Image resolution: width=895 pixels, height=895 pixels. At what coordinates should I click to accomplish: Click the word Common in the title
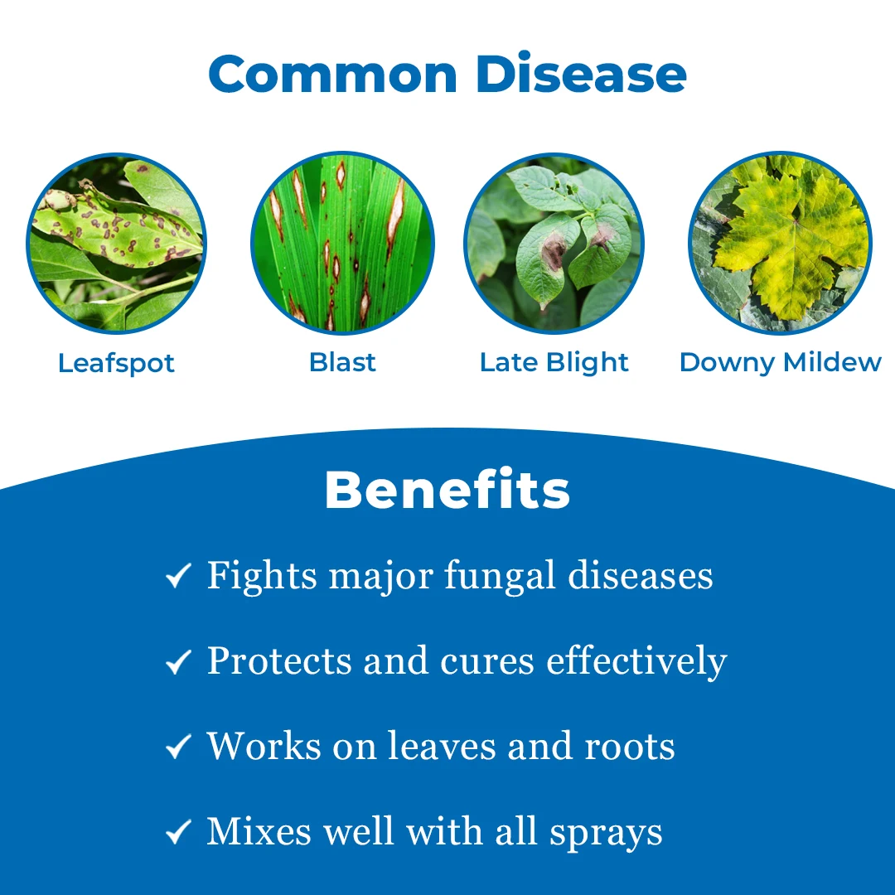coord(333,74)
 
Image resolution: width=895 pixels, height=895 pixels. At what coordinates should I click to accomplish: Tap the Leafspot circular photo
coord(117,243)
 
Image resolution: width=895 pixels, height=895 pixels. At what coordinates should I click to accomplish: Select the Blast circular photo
coord(342,243)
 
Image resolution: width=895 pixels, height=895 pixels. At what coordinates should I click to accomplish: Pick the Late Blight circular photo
coord(554,243)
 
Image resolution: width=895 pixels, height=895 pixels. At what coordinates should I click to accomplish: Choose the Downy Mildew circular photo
coord(781,243)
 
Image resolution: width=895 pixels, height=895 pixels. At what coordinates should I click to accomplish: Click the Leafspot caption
coord(116,364)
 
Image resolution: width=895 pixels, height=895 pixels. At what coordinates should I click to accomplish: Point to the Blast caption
coord(342,362)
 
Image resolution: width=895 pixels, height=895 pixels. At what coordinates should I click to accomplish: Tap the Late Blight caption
coord(554,362)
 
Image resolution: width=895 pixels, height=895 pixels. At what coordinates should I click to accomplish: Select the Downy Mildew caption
coord(781,362)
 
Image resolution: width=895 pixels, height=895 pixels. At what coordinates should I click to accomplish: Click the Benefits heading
coord(447,489)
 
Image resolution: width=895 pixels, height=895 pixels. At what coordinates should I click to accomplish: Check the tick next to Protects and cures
coord(178,661)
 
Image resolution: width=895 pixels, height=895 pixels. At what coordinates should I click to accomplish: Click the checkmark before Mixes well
coord(178,832)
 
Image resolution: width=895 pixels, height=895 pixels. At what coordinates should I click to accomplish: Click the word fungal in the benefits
coord(500,577)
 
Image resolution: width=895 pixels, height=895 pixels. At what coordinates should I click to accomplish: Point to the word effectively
coord(636,662)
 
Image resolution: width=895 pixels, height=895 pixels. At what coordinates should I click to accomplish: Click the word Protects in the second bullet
coord(279,661)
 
